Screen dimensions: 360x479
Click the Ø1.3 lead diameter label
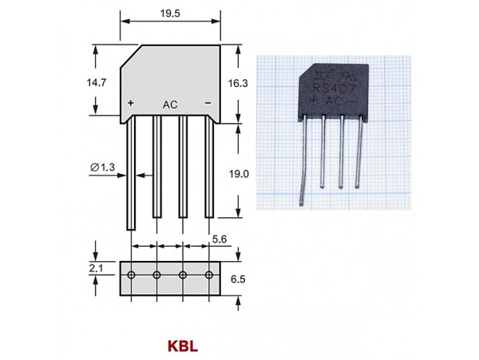[105, 166]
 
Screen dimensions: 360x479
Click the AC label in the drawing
[169, 105]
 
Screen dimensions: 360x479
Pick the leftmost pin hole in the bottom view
[130, 275]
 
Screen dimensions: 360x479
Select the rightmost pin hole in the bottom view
[209, 275]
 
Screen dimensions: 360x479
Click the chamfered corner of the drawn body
[129, 57]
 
